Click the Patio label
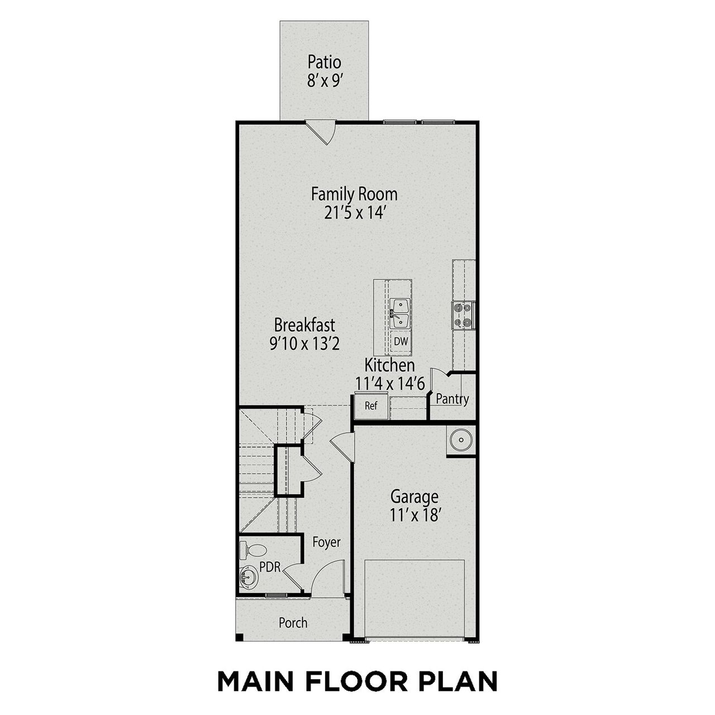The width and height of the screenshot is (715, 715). coord(324,62)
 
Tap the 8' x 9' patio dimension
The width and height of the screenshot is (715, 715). coord(324,80)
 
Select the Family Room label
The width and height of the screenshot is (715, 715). coord(354,194)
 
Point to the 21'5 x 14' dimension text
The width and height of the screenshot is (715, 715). coord(354,213)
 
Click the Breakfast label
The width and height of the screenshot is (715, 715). coord(304,325)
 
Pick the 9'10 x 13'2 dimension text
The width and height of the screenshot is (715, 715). coord(304,343)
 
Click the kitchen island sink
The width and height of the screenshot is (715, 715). coord(400,313)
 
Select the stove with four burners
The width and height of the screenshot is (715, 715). coord(464,314)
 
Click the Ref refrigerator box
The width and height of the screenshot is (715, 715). coord(371,406)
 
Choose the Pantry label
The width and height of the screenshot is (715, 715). coord(452,399)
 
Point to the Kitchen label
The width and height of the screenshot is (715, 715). coord(390,366)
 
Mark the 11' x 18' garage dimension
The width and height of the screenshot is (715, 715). coord(414,514)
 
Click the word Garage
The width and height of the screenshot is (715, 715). coord(414,496)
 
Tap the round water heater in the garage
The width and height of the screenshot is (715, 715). coord(461,441)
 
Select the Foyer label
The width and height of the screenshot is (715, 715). coord(326,542)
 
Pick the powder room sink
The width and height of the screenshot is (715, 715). coord(247,576)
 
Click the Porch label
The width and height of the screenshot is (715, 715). coord(293,622)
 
